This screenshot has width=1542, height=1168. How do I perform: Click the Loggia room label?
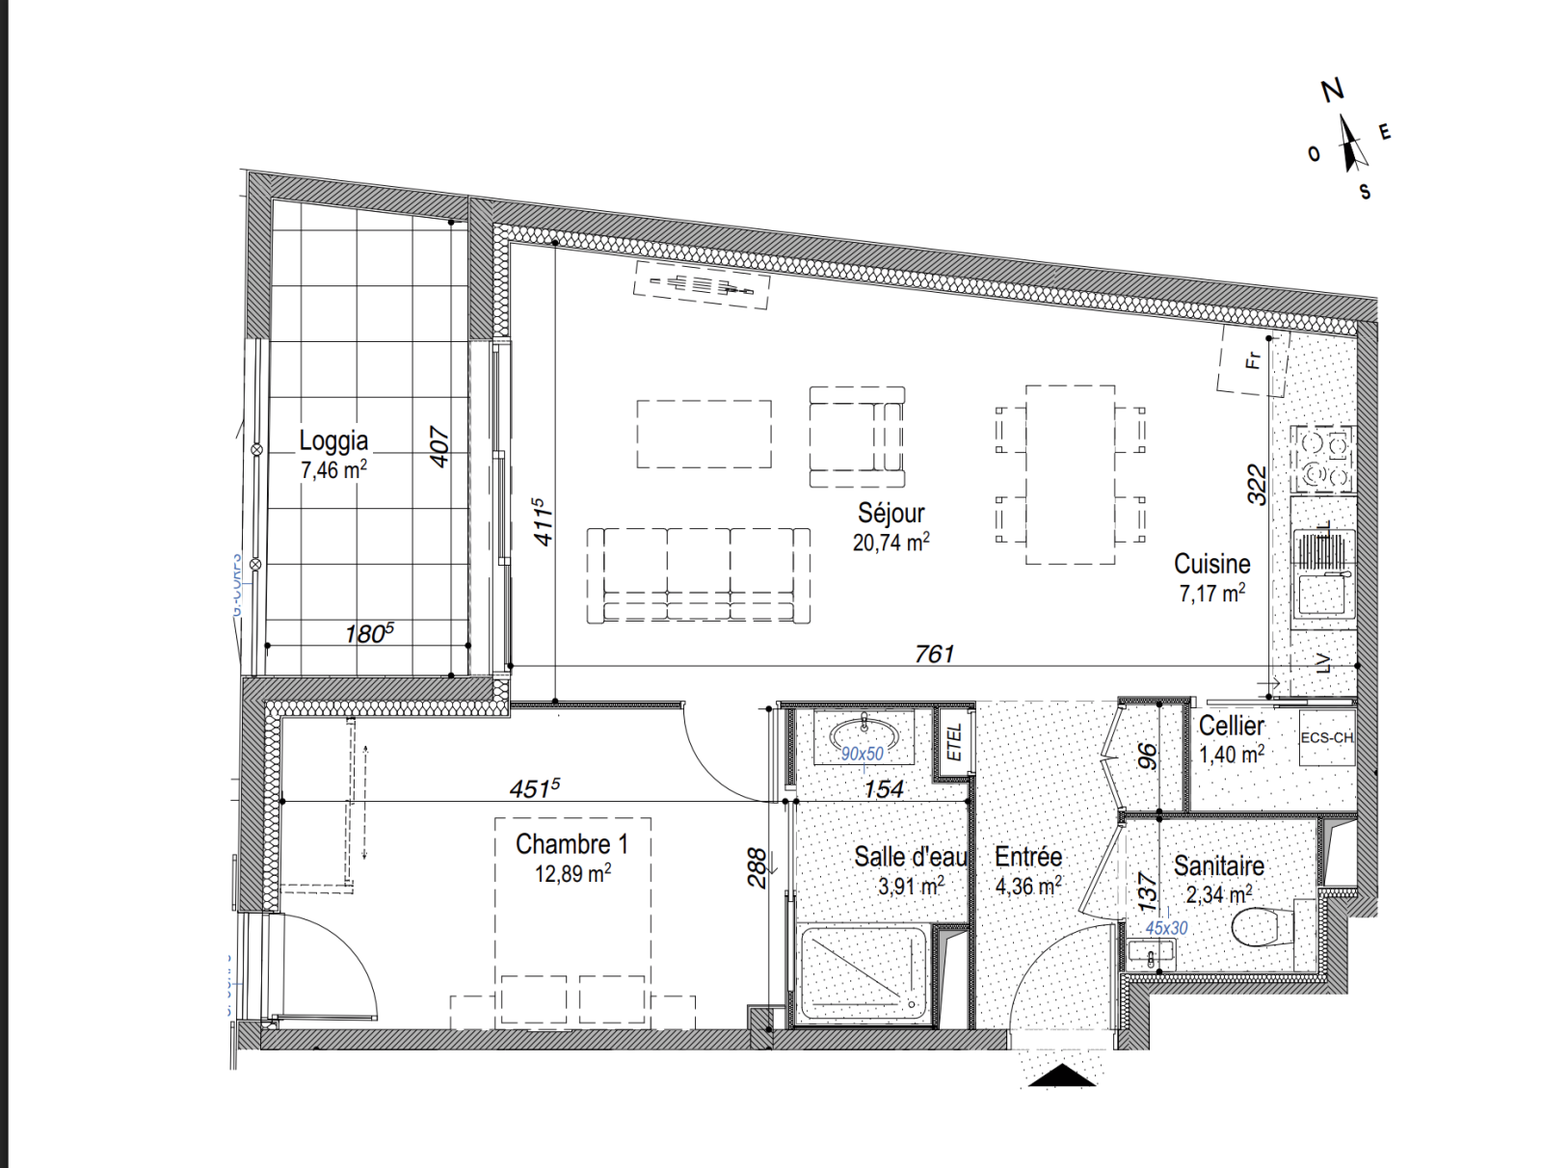(x=333, y=440)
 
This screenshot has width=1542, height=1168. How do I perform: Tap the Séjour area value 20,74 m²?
(x=891, y=543)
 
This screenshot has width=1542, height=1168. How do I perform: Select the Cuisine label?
(x=1211, y=564)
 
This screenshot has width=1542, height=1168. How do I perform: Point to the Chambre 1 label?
(x=572, y=844)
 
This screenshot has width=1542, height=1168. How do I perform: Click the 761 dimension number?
(x=934, y=654)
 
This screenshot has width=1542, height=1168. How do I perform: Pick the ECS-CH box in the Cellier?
(x=1326, y=738)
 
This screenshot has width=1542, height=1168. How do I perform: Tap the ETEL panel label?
(x=954, y=743)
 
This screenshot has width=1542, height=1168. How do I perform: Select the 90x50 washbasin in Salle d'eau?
(x=864, y=736)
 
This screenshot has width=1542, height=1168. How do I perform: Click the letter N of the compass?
(x=1332, y=91)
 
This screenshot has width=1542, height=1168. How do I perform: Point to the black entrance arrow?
(x=1062, y=1075)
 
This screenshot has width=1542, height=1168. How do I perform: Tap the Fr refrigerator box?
(x=1252, y=361)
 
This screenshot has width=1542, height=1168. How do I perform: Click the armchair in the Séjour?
(x=857, y=437)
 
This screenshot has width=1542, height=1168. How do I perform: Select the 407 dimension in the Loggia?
(x=439, y=447)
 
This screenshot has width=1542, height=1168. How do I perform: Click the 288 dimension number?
(x=758, y=867)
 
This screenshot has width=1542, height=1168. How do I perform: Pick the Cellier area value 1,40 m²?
(x=1231, y=755)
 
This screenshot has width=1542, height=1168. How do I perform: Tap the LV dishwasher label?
(x=1323, y=663)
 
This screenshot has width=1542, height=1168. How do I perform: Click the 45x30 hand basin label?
(x=1166, y=928)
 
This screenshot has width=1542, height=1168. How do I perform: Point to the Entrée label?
(x=1028, y=857)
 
